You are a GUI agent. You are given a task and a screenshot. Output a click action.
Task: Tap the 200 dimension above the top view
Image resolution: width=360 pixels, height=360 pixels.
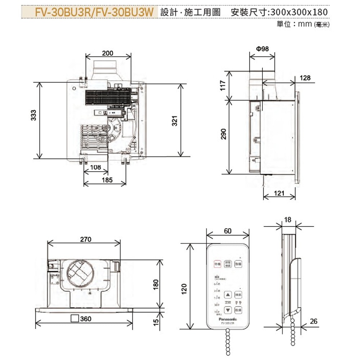coord(107,53)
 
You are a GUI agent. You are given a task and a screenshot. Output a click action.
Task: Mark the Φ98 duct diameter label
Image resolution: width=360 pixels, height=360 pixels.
coord(262,49)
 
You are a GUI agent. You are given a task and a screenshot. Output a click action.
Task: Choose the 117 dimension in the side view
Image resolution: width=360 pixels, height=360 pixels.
coord(223,85)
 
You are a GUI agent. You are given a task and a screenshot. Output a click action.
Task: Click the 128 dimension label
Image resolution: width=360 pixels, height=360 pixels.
coord(304,78)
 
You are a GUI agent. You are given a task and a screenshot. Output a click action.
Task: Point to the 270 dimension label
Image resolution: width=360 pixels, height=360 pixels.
coord(86,239)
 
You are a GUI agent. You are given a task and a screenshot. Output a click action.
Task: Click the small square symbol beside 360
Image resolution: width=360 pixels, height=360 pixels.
coord(75,319)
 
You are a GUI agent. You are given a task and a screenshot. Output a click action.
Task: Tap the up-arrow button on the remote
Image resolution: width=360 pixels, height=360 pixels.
coord(228,294)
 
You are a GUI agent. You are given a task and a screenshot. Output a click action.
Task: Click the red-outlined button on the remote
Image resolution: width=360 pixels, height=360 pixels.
coord(217,264)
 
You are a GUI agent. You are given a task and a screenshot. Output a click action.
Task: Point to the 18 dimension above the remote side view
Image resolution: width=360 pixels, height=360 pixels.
coord(287,220)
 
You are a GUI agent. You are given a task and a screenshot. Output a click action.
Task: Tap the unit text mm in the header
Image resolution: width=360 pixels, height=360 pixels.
coord(305,24)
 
